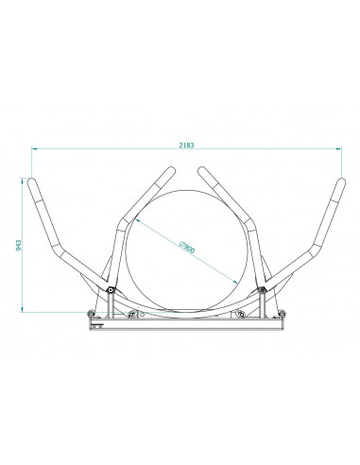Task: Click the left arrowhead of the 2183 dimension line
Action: pos(31,149)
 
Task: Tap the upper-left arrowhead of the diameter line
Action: pos(138,217)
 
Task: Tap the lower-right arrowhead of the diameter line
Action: pos(236,281)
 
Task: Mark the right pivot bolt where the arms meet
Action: pos(263,290)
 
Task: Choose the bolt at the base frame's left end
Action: pos(91,315)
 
